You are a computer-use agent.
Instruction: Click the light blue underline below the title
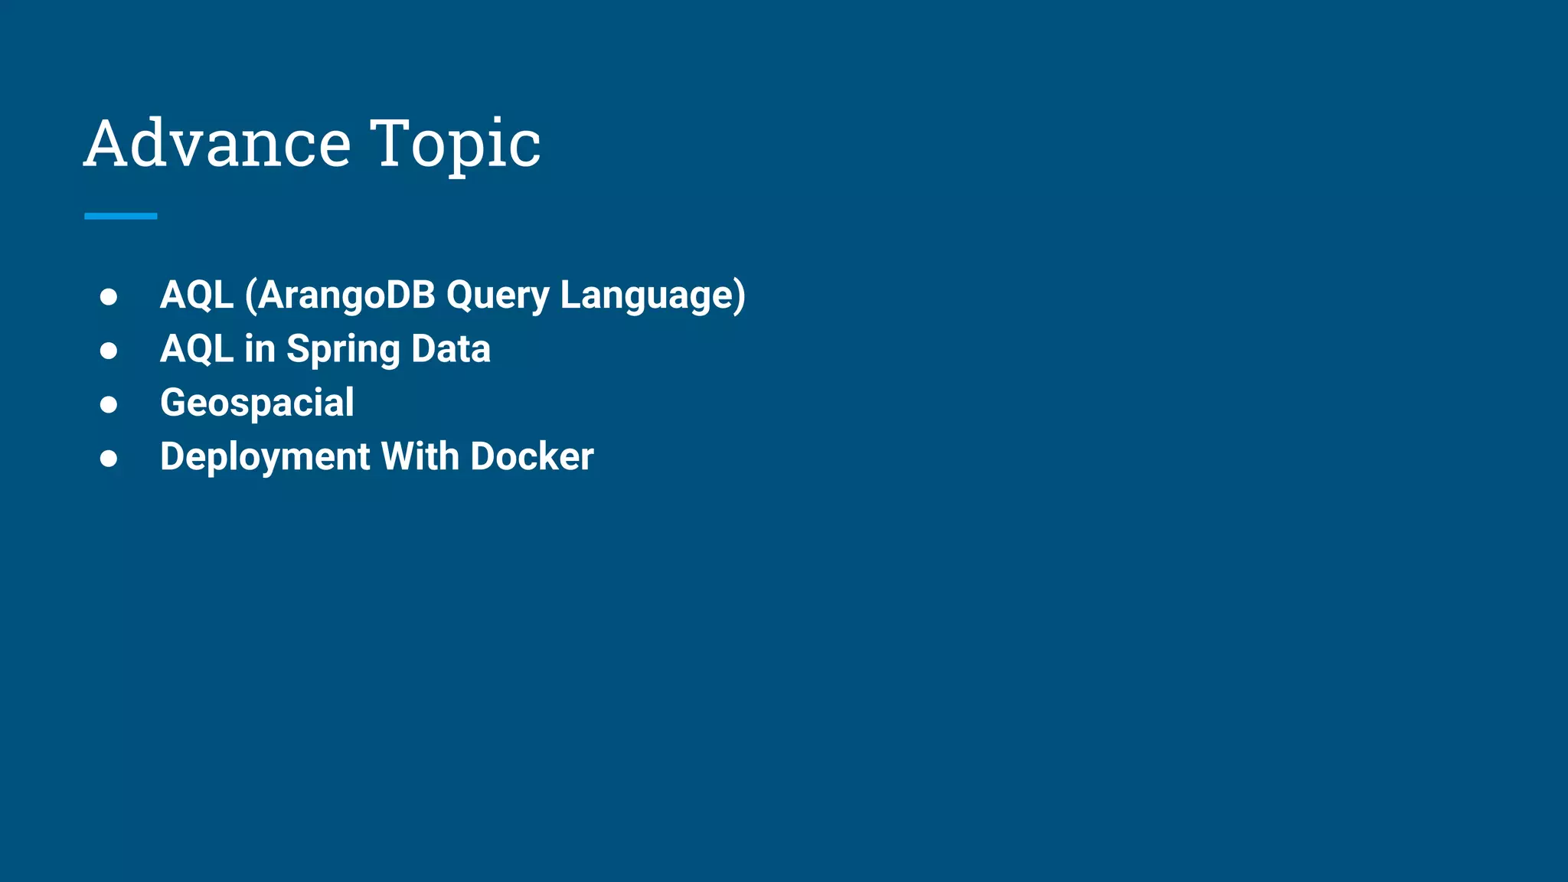[121, 217]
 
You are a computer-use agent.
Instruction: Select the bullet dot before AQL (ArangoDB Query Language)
[109, 296]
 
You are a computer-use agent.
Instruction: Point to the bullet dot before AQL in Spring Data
[109, 351]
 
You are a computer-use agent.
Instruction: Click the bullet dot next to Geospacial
[109, 404]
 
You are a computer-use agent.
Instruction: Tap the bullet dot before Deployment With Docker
[109, 458]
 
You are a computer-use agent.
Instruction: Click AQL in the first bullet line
[197, 295]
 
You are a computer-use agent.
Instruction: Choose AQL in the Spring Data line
[197, 349]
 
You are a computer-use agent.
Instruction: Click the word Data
[451, 349]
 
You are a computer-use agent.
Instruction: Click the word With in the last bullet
[420, 456]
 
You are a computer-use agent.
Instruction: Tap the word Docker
[532, 456]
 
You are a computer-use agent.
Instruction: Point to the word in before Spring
[260, 349]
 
